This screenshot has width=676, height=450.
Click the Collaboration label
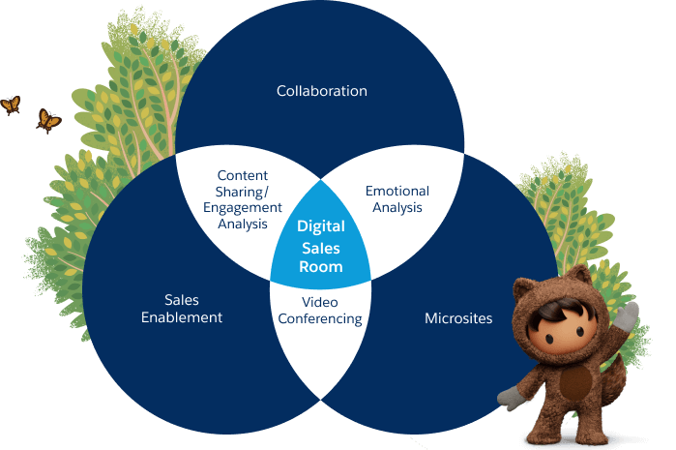tap(321, 91)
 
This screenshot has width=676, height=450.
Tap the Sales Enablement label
tap(182, 309)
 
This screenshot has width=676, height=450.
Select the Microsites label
tap(458, 317)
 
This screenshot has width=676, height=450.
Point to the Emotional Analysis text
tap(397, 198)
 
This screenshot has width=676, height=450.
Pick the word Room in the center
tap(320, 266)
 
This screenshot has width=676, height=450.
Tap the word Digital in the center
tap(320, 226)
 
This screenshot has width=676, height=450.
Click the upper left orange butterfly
tap(11, 105)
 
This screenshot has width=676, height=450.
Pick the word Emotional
tap(397, 191)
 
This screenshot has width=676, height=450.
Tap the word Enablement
tap(182, 316)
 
